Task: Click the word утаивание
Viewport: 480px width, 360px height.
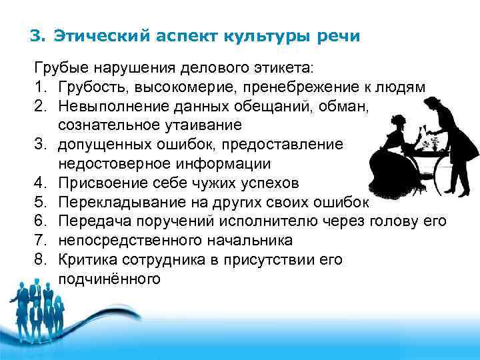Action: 207,125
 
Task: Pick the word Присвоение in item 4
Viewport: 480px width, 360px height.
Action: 97,182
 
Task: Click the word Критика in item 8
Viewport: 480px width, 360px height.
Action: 85,259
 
